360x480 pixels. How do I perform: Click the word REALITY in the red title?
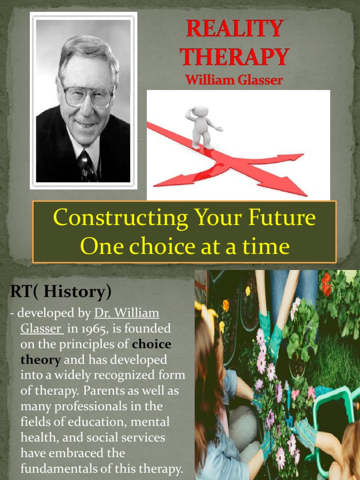234,29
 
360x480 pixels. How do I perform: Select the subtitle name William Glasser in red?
234,80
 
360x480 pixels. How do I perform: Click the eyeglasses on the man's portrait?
88,96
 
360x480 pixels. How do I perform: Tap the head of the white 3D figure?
200,112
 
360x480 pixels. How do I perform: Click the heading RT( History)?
61,292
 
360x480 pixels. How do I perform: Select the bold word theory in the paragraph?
40,360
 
